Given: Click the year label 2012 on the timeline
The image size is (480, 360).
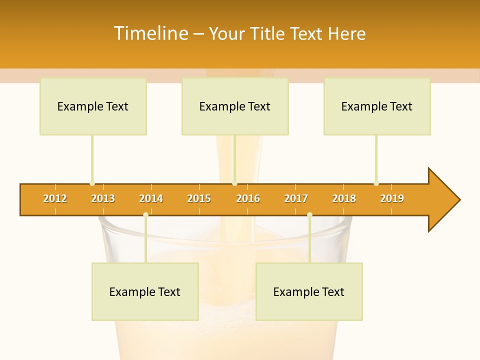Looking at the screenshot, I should tap(55, 198).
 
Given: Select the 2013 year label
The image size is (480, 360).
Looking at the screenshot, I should tap(103, 198).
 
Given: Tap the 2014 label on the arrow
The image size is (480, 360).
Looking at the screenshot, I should tap(151, 198).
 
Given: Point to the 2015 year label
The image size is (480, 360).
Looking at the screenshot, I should tap(199, 198).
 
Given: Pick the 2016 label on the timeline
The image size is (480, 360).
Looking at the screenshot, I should tap(248, 198).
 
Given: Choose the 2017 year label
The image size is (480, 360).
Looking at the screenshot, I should tap(296, 198).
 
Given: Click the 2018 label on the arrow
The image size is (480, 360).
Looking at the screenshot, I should tap(344, 198).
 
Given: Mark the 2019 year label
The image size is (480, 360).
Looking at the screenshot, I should tap(392, 198).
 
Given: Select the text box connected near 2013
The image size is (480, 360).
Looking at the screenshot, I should tap(93, 106).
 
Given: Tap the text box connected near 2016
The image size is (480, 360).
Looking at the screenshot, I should tap(235, 106).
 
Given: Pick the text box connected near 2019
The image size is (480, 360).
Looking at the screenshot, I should tap(377, 106).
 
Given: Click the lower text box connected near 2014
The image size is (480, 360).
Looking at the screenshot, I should tap(145, 292).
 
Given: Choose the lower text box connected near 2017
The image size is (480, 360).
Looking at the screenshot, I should tap(309, 292).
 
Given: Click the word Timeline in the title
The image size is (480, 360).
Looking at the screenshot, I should tap(150, 33).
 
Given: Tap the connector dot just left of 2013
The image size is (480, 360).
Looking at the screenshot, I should tap(92, 183).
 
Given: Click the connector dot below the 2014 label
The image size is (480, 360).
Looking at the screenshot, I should tap(145, 215).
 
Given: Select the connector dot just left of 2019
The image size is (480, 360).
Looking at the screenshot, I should tap(376, 183).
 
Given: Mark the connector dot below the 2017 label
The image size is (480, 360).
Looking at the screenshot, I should tap(309, 215).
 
